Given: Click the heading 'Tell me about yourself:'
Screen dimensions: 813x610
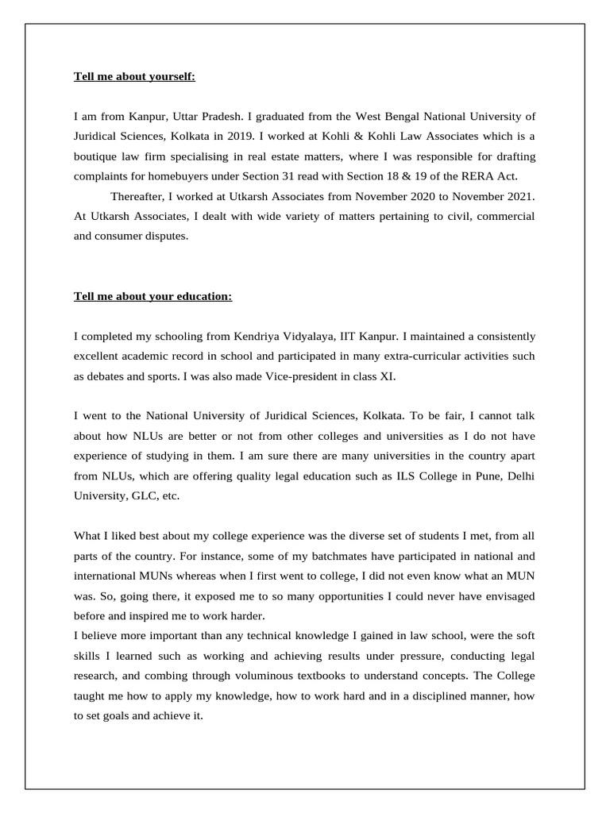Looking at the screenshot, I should click(x=134, y=77).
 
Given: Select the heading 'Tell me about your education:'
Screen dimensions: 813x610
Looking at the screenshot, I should click(x=153, y=296).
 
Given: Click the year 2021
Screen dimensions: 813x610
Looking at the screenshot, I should click(x=519, y=195).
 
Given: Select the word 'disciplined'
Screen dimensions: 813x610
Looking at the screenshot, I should click(x=434, y=695).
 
